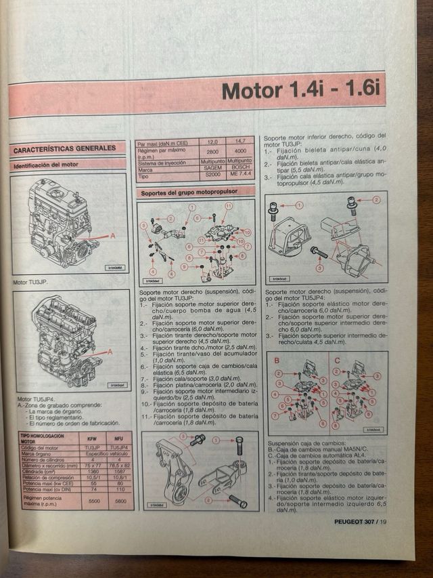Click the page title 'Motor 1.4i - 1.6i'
[x=302, y=90]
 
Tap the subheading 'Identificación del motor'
[x=46, y=165]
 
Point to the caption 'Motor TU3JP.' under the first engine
[x=31, y=283]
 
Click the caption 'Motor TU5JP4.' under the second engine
[x=34, y=398]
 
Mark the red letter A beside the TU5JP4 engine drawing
[x=110, y=351]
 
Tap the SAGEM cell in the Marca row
[x=212, y=169]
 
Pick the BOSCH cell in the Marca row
[x=240, y=169]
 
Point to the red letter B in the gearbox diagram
[x=276, y=360]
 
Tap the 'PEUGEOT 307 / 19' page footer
[x=360, y=521]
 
